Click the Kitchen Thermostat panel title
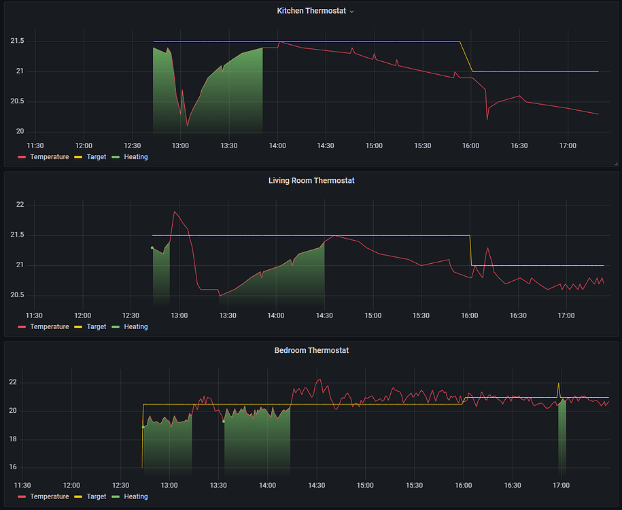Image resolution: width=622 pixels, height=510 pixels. pyautogui.click(x=311, y=11)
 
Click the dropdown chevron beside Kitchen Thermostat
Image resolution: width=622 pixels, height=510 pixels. pyautogui.click(x=351, y=12)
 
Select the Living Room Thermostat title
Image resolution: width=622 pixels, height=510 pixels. pyautogui.click(x=311, y=181)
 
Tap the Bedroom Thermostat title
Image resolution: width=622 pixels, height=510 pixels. pyautogui.click(x=311, y=350)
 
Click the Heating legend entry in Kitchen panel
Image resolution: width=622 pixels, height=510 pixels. pyautogui.click(x=135, y=157)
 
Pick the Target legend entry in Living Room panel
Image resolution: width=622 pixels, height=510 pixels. pyautogui.click(x=97, y=327)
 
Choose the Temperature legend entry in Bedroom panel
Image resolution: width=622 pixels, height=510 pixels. pyautogui.click(x=49, y=496)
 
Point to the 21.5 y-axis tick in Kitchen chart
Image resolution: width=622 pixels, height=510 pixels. pyautogui.click(x=17, y=41)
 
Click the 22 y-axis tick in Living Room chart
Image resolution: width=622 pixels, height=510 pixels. pyautogui.click(x=20, y=205)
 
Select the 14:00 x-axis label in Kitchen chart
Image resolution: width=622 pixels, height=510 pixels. pyautogui.click(x=277, y=146)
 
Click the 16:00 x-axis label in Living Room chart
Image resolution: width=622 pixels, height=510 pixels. pyautogui.click(x=470, y=316)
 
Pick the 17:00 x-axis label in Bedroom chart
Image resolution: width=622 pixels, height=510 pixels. pyautogui.click(x=561, y=485)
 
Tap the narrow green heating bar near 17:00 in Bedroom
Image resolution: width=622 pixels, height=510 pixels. pyautogui.click(x=562, y=435)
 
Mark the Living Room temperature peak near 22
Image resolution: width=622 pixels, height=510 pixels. pyautogui.click(x=175, y=212)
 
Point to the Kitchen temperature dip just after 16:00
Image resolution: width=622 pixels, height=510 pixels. pyautogui.click(x=487, y=119)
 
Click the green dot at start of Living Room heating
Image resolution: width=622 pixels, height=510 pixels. pyautogui.click(x=152, y=248)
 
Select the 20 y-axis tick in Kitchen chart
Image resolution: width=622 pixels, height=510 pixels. pyautogui.click(x=20, y=131)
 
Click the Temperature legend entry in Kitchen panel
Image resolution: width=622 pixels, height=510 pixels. pyautogui.click(x=49, y=157)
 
